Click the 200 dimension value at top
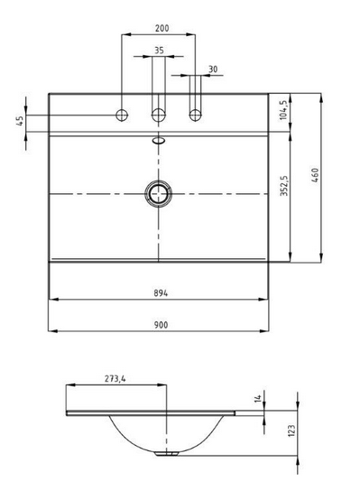[x=158, y=28]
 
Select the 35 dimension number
[x=158, y=51]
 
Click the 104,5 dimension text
[x=284, y=111]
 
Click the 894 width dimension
[x=158, y=292]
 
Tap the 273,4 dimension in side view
[x=115, y=379]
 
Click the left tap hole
[x=122, y=115]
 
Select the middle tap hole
[x=158, y=115]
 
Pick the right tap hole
[x=194, y=115]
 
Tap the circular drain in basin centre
[x=158, y=192]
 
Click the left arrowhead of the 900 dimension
[x=51, y=330]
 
